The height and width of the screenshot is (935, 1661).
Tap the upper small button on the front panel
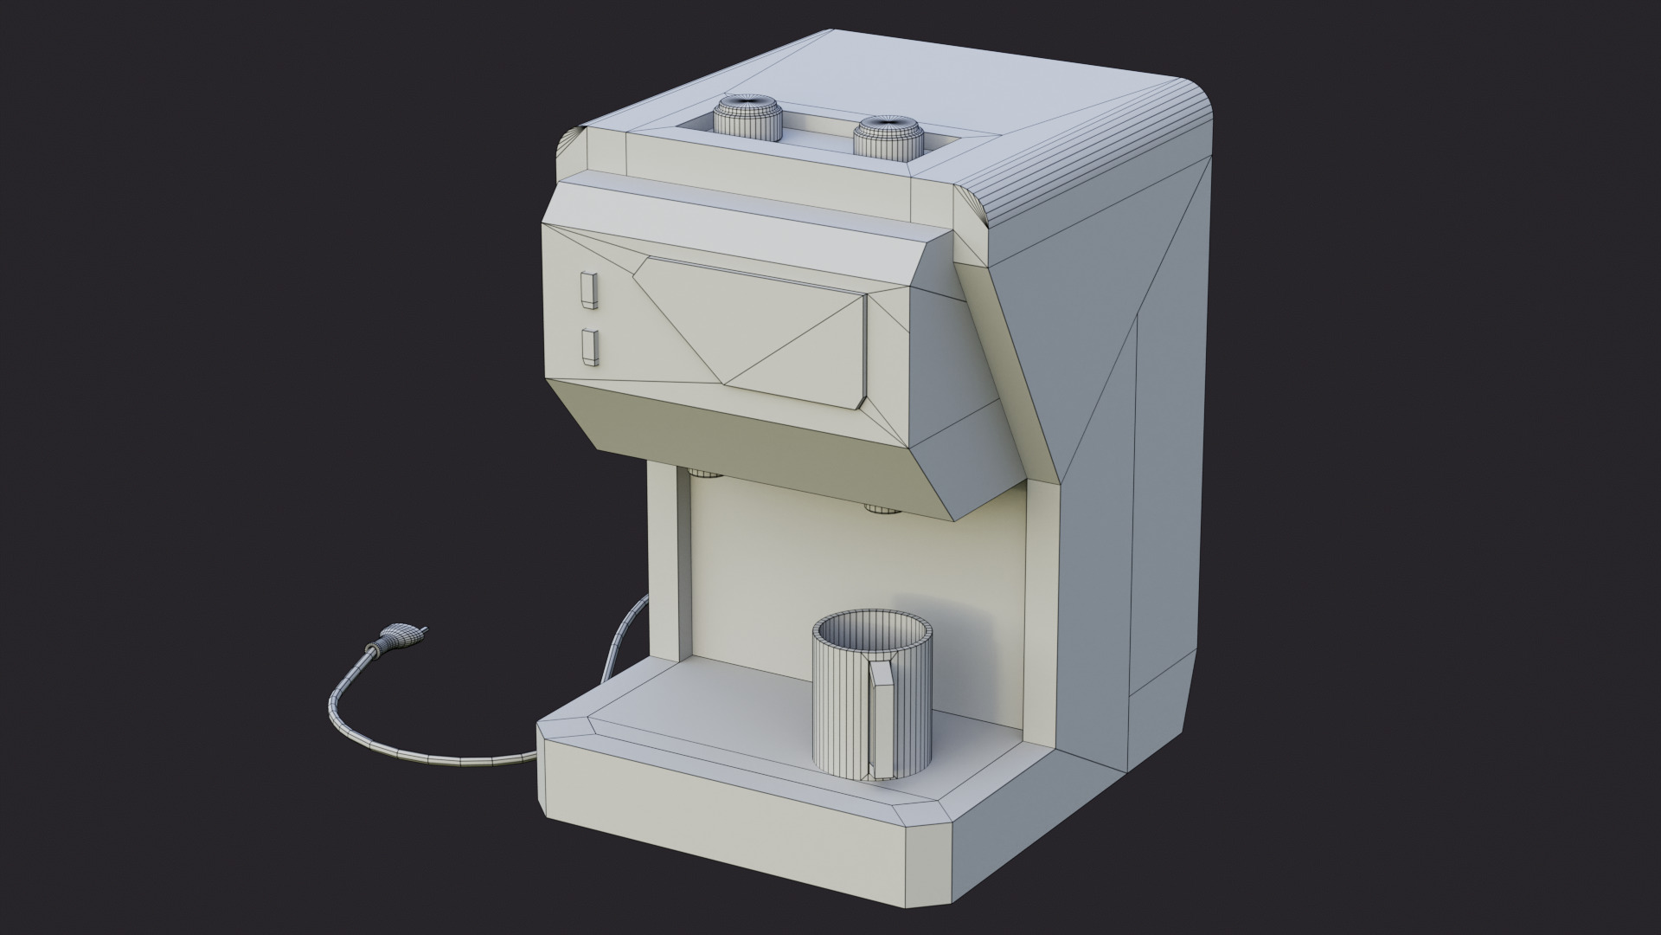(x=588, y=290)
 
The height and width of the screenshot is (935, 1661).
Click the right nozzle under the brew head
(x=881, y=508)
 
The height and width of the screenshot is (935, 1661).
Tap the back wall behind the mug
(x=761, y=563)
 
